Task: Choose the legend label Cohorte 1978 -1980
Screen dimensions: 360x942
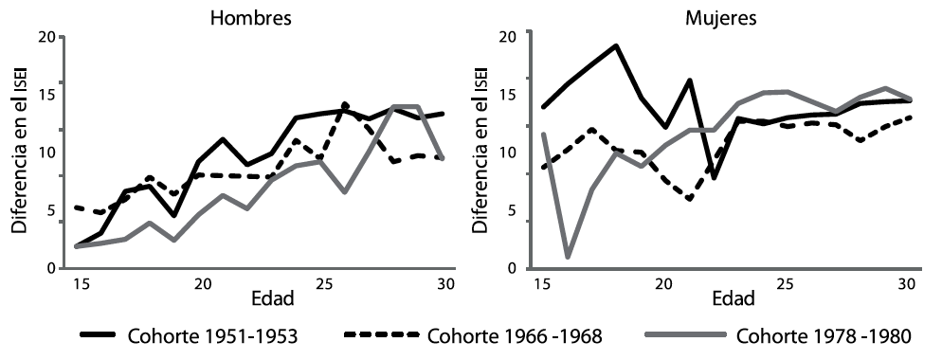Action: [822, 337]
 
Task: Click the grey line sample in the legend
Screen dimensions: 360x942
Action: [684, 337]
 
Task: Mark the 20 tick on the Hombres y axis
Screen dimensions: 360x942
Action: [47, 37]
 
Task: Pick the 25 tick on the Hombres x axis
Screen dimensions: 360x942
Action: [321, 284]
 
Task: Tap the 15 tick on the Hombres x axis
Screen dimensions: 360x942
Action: [79, 284]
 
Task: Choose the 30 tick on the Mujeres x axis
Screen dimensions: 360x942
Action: [905, 284]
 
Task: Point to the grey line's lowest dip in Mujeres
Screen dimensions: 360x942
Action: [568, 257]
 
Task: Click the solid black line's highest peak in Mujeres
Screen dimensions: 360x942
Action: [616, 45]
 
